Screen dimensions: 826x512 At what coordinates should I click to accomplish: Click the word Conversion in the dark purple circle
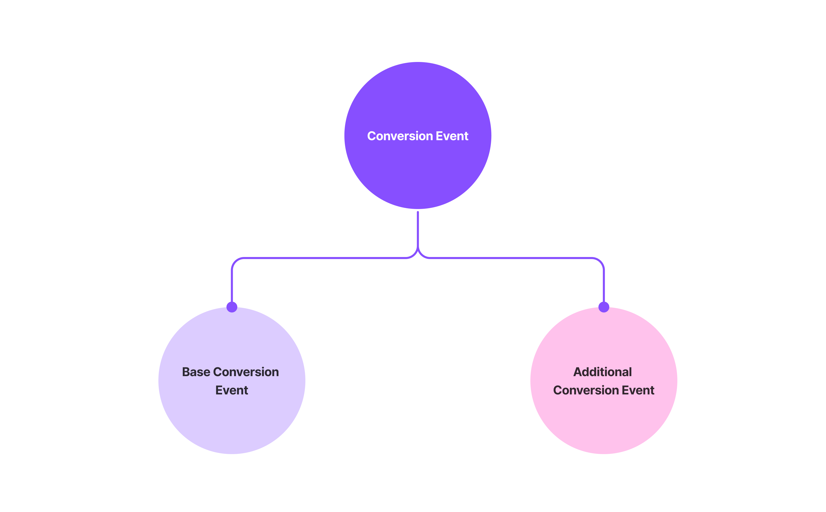pos(400,136)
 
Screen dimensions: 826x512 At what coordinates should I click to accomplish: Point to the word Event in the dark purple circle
pos(452,136)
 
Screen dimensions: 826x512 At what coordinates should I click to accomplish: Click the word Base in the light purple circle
pos(196,372)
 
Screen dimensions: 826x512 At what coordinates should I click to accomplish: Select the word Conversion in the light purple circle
pos(246,372)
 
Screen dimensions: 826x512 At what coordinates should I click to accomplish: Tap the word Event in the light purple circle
pos(232,390)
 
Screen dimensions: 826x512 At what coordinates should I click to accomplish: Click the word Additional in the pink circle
pos(603,372)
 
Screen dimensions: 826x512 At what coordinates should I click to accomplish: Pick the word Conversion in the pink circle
pos(586,390)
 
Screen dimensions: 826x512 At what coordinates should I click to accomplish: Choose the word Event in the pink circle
pos(638,390)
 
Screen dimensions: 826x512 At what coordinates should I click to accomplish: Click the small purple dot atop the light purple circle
pos(232,307)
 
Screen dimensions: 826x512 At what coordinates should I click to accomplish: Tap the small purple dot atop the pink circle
pos(604,307)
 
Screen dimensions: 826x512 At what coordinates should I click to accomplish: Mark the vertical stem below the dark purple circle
pos(418,229)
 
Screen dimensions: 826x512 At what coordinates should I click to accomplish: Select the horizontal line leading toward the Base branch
pos(325,258)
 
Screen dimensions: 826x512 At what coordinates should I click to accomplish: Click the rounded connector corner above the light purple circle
pos(235,261)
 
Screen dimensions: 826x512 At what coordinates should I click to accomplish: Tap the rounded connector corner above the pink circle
pos(600,261)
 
